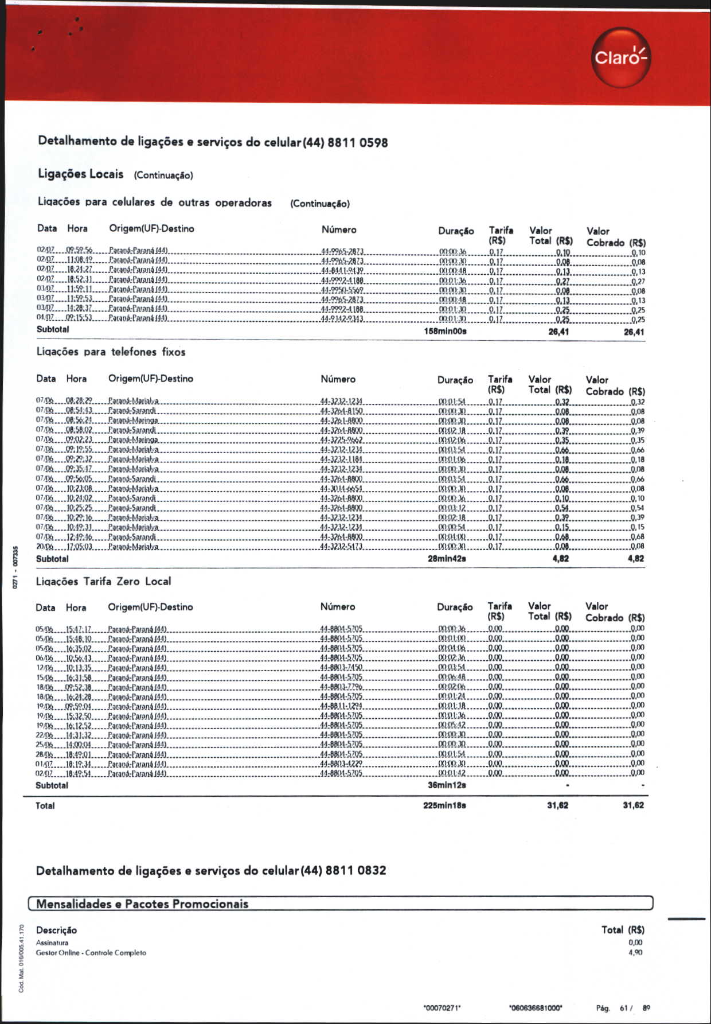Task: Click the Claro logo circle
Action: tap(621, 57)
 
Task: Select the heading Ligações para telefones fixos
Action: tap(111, 352)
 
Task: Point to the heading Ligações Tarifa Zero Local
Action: tap(103, 582)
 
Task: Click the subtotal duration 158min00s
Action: tap(445, 332)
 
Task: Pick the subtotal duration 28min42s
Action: tap(447, 559)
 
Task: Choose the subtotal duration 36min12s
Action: tap(447, 785)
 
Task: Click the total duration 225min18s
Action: tap(444, 805)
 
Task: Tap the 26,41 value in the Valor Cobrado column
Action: tap(634, 332)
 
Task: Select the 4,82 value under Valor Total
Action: tap(560, 559)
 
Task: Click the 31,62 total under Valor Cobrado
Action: tap(633, 805)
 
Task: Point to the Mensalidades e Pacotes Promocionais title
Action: tap(142, 904)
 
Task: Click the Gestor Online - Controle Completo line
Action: tap(91, 953)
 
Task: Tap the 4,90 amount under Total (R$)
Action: tap(635, 952)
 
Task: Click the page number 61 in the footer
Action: tap(624, 1008)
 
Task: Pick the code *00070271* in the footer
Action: tap(442, 1008)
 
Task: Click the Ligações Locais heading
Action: tap(80, 174)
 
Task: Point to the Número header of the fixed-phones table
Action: tap(338, 379)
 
